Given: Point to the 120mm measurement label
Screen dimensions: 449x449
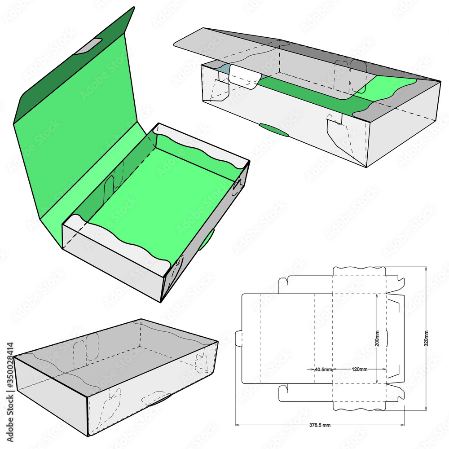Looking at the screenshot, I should pyautogui.click(x=359, y=370).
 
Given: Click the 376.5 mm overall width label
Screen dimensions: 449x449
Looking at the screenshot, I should pyautogui.click(x=319, y=425).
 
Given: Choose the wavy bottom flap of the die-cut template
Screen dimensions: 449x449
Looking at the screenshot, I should pyautogui.click(x=359, y=401).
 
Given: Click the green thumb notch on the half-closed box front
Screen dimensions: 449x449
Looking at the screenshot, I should pyautogui.click(x=274, y=130).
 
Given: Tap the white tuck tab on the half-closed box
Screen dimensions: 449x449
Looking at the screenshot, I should pyautogui.click(x=245, y=77).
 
